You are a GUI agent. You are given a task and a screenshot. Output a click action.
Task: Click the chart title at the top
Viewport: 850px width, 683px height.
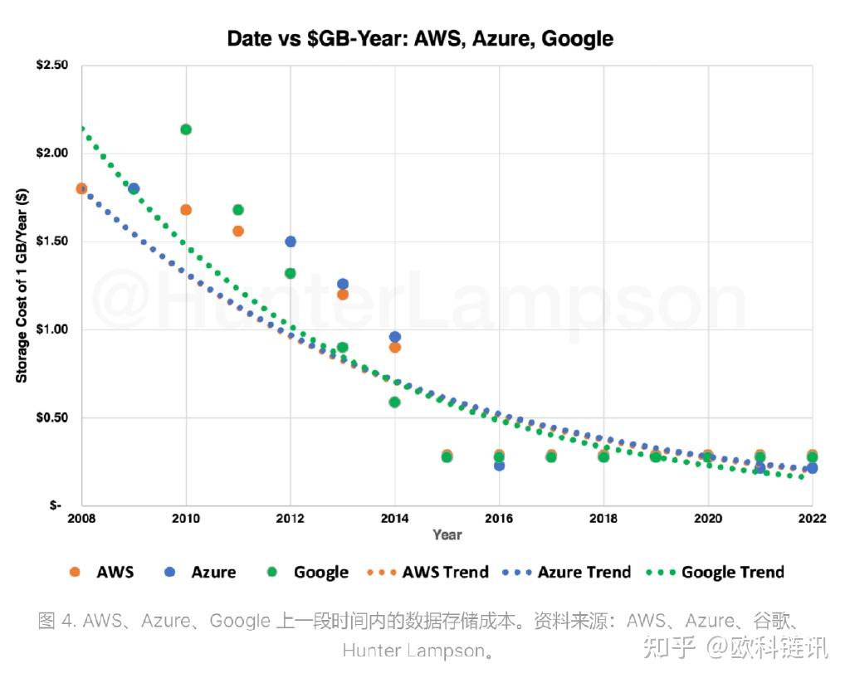[x=420, y=38]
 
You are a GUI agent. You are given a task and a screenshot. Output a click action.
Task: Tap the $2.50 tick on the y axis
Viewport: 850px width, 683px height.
[x=52, y=65]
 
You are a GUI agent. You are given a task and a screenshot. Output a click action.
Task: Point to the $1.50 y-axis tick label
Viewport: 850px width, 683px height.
[x=52, y=241]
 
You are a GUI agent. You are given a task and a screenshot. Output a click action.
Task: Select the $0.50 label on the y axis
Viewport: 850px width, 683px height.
[x=52, y=417]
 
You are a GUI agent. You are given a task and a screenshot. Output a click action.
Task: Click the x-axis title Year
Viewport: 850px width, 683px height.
[x=447, y=534]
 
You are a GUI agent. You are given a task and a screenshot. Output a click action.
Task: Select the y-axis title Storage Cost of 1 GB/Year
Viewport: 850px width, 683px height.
[x=22, y=285]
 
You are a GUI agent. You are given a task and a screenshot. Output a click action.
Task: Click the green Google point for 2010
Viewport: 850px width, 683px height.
[x=186, y=129]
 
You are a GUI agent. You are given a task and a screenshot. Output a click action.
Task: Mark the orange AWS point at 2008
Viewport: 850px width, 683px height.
[x=81, y=188]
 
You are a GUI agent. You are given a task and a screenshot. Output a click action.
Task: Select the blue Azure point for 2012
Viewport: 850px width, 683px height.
[x=291, y=241]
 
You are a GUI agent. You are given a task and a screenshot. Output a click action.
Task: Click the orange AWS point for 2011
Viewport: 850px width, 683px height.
[x=238, y=231]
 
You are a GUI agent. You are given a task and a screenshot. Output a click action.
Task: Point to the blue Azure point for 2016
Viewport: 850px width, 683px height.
[x=499, y=466]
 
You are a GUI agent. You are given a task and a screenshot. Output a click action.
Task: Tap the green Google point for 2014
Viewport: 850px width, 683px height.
[x=394, y=402]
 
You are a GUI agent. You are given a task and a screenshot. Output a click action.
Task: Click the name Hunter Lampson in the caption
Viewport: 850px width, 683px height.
[x=413, y=651]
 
